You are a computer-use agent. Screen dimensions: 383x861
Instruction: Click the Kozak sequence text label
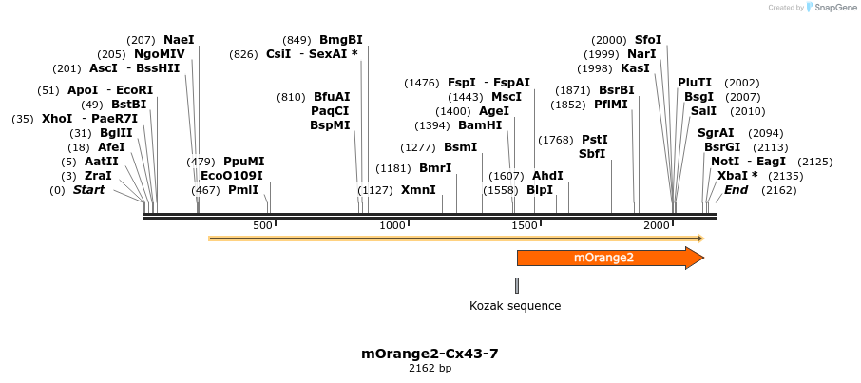(515, 306)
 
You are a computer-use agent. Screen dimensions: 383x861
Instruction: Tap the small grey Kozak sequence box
(517, 285)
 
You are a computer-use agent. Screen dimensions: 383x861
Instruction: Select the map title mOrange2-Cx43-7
(430, 354)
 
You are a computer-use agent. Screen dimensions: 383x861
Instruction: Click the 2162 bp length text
(430, 368)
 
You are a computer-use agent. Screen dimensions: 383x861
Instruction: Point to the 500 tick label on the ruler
(262, 225)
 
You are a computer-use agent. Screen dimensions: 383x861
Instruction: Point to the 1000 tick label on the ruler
(393, 225)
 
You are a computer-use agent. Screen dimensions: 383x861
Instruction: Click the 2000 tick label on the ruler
(657, 225)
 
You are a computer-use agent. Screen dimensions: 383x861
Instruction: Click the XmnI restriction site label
(418, 190)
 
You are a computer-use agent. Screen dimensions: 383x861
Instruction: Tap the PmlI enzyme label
(243, 190)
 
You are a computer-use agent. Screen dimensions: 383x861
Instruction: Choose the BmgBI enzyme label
(341, 40)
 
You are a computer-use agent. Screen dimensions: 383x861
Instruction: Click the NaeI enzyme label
(179, 40)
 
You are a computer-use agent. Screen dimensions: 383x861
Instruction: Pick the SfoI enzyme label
(648, 40)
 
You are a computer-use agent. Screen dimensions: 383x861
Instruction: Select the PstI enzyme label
(594, 140)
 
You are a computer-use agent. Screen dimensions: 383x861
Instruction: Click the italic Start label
(89, 190)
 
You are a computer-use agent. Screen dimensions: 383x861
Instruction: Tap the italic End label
(737, 190)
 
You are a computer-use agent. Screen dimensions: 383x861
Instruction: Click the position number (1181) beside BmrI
(393, 168)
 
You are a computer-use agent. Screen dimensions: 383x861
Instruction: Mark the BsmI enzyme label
(461, 147)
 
